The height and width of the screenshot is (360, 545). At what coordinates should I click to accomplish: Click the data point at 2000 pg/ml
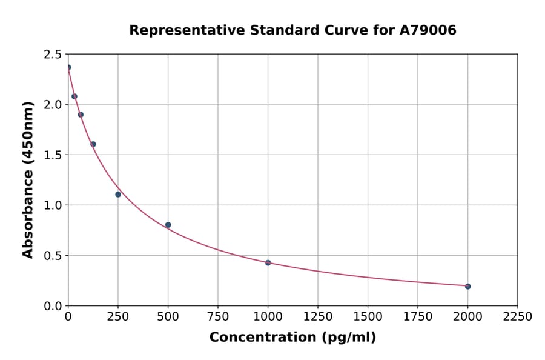tap(467, 286)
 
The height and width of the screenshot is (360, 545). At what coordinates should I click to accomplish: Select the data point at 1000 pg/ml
tap(268, 262)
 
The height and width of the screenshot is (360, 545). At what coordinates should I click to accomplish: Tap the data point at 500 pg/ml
tap(168, 225)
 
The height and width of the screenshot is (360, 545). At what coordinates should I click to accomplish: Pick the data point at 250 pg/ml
tap(118, 195)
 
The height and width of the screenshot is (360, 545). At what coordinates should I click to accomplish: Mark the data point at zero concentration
tap(68, 67)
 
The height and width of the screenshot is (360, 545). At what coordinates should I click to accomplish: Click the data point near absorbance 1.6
tap(93, 144)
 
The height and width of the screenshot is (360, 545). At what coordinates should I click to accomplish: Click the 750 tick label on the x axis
tap(218, 317)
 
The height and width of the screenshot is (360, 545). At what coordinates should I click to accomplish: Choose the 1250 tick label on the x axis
tap(318, 317)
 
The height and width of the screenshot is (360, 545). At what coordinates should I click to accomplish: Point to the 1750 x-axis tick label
tap(418, 317)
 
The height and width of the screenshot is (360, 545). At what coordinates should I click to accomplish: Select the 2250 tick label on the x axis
tap(518, 317)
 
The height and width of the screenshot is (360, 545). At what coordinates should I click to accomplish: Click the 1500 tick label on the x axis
tap(368, 317)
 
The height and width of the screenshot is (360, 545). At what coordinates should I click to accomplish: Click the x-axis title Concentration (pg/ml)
tap(292, 338)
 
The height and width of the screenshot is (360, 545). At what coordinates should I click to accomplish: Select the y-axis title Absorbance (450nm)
tap(28, 179)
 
